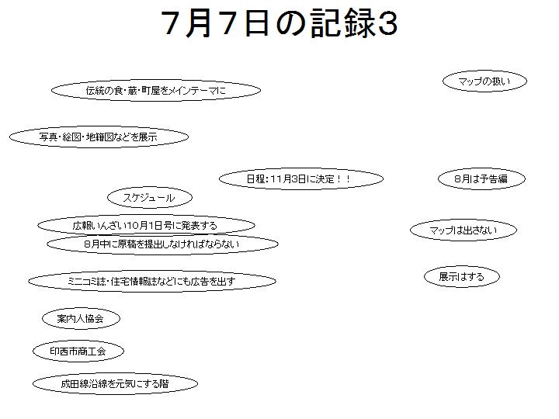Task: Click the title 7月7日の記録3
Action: click(279, 23)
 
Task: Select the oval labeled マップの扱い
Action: click(484, 81)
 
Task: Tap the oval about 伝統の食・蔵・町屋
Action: click(156, 91)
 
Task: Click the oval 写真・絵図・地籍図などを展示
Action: click(99, 137)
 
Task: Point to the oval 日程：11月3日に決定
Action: click(301, 179)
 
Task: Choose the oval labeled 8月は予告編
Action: click(481, 179)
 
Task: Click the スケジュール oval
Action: click(150, 197)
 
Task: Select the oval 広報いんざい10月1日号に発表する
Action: click(146, 225)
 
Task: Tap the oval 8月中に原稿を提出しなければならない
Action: click(162, 244)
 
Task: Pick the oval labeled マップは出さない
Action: click(463, 230)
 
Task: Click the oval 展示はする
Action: click(462, 277)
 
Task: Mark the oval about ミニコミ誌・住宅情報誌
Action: click(152, 282)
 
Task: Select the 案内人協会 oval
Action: click(81, 319)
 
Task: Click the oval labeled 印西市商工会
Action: click(78, 351)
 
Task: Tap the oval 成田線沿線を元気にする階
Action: click(115, 384)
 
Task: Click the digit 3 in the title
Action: click(387, 24)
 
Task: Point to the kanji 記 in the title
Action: click(325, 23)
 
